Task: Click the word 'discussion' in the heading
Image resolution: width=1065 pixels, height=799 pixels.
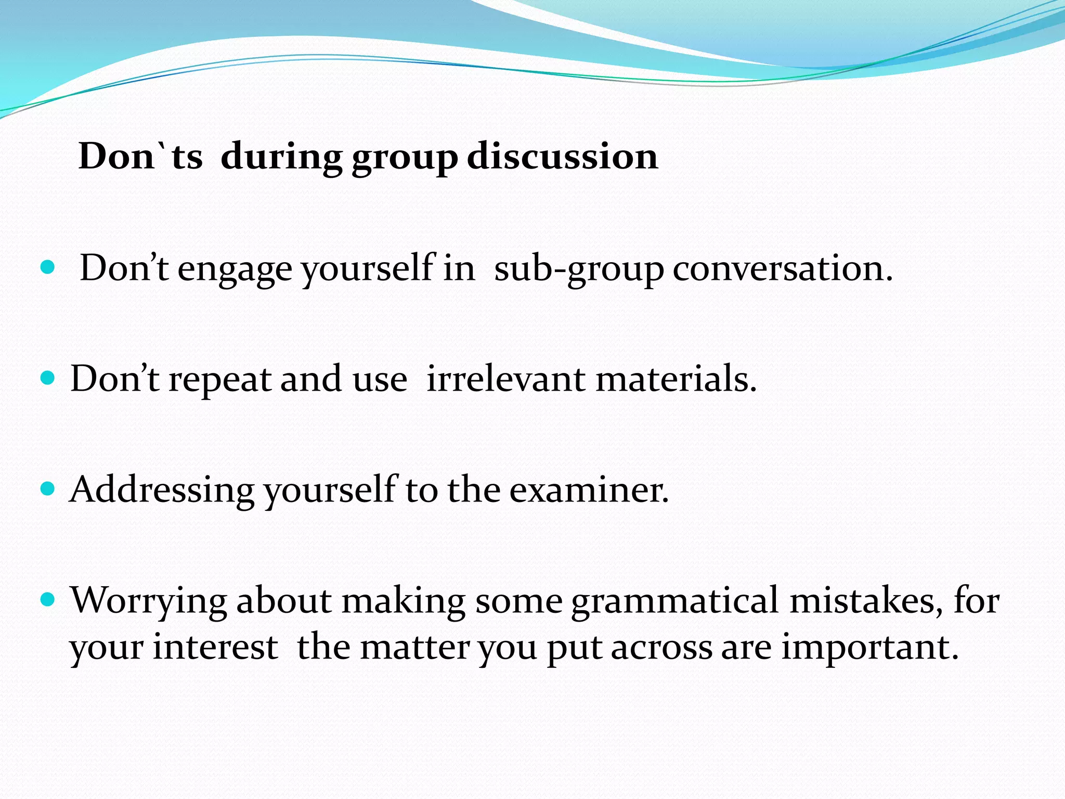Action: (x=562, y=156)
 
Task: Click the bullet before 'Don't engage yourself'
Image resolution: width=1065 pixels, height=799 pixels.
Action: (x=47, y=267)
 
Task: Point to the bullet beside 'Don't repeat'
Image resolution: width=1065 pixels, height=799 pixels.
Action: (x=47, y=378)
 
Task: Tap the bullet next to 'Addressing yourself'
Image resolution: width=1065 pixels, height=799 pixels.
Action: (x=47, y=489)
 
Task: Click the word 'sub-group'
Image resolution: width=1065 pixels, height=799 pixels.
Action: (x=578, y=269)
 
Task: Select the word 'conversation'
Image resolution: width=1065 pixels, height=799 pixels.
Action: (x=778, y=269)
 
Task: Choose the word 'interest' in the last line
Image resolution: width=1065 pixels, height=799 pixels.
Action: (x=215, y=647)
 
